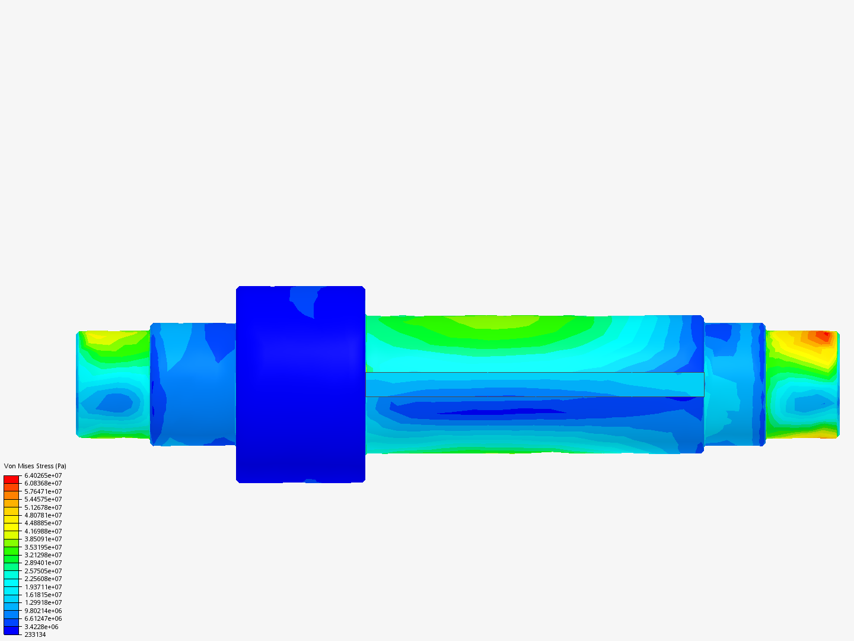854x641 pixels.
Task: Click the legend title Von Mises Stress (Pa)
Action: (x=35, y=466)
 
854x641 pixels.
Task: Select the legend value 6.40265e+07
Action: (x=43, y=475)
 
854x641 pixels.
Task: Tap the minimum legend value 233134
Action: (x=35, y=634)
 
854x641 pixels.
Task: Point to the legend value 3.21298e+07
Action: (x=43, y=555)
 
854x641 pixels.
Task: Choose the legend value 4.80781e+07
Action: (x=43, y=515)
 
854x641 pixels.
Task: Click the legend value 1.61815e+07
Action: (x=43, y=595)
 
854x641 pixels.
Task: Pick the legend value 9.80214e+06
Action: (x=43, y=611)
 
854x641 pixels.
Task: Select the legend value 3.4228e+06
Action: (x=42, y=627)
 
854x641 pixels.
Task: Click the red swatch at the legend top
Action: (x=11, y=479)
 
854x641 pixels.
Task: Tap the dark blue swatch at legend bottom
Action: (x=11, y=630)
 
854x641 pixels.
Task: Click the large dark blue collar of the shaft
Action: (x=300, y=386)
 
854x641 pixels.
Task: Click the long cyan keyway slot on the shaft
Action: (x=534, y=384)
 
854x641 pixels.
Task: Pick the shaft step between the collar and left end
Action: (x=193, y=384)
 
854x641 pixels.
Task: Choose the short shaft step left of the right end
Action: (x=734, y=384)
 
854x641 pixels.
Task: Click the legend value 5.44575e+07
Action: (x=43, y=499)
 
